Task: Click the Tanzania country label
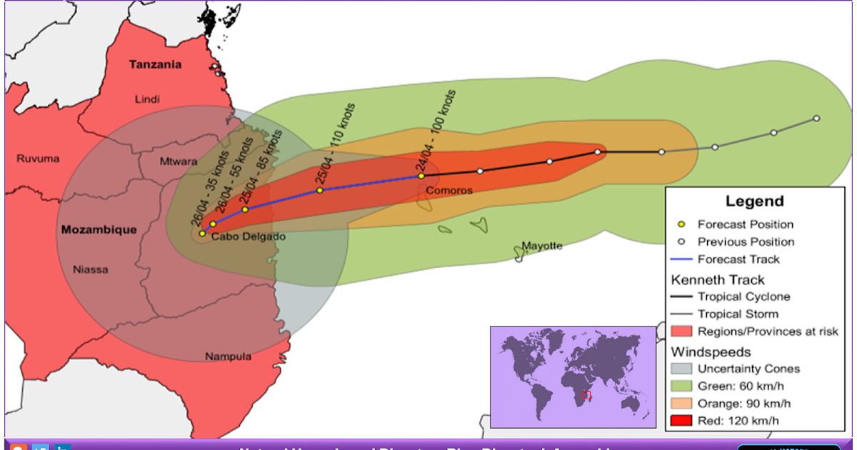(155, 64)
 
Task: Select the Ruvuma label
(38, 159)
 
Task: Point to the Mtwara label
(178, 161)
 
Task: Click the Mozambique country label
(99, 230)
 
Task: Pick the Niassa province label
(91, 269)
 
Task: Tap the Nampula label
(228, 356)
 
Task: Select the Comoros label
(448, 191)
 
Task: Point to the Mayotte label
(541, 246)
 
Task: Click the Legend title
(754, 201)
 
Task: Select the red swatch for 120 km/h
(682, 421)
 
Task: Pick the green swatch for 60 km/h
(682, 386)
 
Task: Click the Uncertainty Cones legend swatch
(682, 369)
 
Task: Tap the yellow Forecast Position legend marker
(682, 224)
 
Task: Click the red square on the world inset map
(586, 395)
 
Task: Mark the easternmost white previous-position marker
(816, 119)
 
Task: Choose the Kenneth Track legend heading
(718, 279)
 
